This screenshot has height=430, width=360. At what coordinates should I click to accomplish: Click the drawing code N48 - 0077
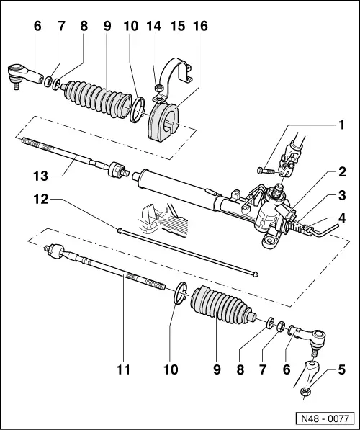click(324, 416)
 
